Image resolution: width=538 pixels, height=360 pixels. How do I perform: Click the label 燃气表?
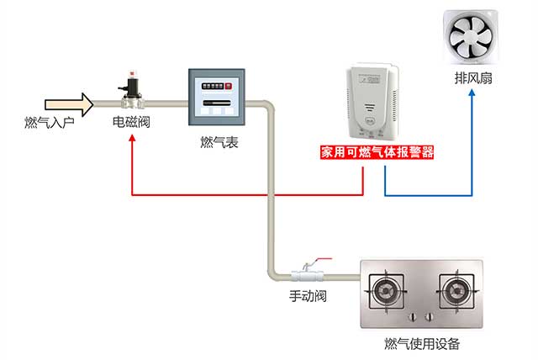pos(214,143)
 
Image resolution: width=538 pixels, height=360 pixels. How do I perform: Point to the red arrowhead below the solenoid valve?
pos(132,140)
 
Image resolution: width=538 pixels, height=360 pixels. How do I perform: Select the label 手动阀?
pos(308,296)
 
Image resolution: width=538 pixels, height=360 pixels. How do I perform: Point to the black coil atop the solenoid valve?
pos(129,85)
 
